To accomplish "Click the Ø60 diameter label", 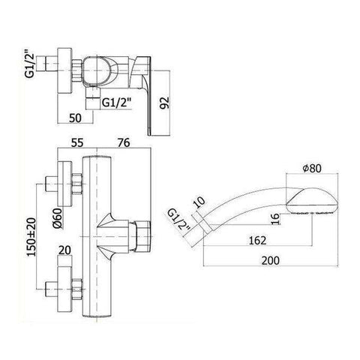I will coord(54,220).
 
